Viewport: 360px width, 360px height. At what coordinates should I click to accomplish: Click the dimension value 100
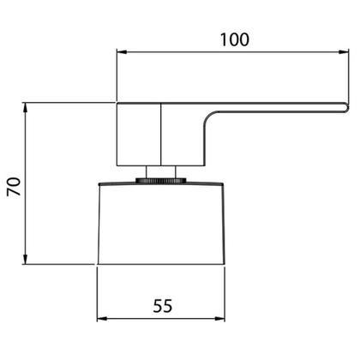point(235,39)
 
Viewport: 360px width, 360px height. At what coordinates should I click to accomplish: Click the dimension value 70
point(14,187)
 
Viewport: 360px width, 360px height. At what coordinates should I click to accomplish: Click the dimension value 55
point(163,306)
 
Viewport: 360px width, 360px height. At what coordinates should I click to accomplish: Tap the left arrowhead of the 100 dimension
point(122,52)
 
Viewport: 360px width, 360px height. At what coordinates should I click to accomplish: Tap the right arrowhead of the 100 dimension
point(344,52)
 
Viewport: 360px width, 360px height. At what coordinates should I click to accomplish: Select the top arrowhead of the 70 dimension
point(25,108)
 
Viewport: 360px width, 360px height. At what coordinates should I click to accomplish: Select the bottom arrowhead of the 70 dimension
point(25,259)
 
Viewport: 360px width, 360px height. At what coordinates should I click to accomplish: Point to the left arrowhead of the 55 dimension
point(102,319)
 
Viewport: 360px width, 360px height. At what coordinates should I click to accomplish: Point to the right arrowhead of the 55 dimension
point(219,319)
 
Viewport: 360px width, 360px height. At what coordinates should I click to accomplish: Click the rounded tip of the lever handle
point(347,107)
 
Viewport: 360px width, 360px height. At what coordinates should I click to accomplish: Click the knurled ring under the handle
point(161,180)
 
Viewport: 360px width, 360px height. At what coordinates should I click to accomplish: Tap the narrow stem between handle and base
point(161,172)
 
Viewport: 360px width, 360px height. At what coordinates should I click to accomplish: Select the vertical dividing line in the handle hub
point(161,135)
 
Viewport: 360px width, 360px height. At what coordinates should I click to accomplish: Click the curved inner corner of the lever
point(209,117)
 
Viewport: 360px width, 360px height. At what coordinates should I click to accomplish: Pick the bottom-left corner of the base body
point(99,264)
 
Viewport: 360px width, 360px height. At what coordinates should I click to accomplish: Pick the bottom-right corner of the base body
point(225,264)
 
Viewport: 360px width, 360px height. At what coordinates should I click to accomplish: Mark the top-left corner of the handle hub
point(117,103)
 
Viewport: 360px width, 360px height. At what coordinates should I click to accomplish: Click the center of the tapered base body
point(161,224)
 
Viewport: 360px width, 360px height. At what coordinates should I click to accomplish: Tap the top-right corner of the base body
point(223,184)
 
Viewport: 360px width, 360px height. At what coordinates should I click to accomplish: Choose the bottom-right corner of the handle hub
point(205,165)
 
